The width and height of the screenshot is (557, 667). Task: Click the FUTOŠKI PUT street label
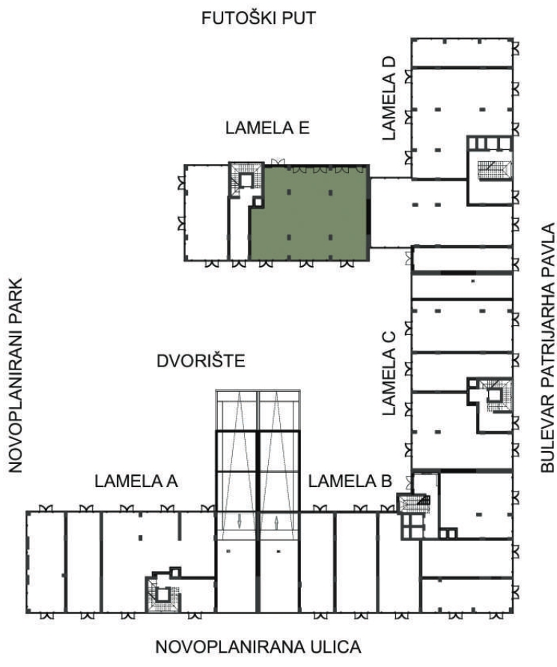pyautogui.click(x=259, y=18)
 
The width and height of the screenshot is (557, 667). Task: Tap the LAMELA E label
pyautogui.click(x=267, y=128)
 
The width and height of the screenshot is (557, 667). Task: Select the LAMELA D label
pyautogui.click(x=389, y=99)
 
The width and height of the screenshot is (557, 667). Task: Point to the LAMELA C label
pyautogui.click(x=389, y=373)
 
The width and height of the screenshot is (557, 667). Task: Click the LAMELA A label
pyautogui.click(x=136, y=481)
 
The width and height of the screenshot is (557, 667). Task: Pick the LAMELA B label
pyautogui.click(x=350, y=481)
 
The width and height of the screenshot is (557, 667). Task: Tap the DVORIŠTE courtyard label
pyautogui.click(x=201, y=360)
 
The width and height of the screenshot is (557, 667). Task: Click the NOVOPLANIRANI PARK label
pyautogui.click(x=15, y=375)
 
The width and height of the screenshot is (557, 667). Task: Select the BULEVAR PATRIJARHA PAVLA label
pyautogui.click(x=548, y=348)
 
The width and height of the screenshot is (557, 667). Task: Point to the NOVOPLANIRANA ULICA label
pyautogui.click(x=258, y=647)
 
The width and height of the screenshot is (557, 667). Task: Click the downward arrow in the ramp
pyautogui.click(x=240, y=522)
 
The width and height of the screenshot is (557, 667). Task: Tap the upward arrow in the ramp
pyautogui.click(x=276, y=522)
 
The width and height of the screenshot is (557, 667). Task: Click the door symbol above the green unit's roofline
pyautogui.click(x=278, y=162)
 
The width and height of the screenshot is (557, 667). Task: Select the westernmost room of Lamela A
pyautogui.click(x=46, y=562)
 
